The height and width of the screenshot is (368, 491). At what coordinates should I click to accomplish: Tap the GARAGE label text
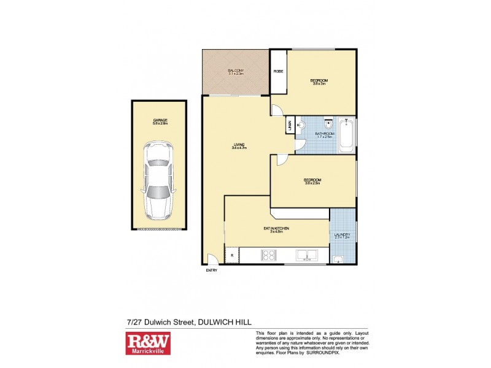tap(160, 120)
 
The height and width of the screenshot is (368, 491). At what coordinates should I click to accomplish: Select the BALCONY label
tap(236, 71)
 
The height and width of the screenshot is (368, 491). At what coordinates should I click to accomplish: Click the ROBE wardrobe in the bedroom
tap(278, 71)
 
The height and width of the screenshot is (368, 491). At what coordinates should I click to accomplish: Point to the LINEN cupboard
tap(288, 125)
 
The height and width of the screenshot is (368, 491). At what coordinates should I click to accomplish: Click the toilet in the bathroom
tap(329, 122)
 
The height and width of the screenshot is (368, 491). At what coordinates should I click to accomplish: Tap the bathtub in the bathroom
tap(347, 134)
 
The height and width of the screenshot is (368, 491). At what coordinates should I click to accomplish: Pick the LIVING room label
tap(239, 144)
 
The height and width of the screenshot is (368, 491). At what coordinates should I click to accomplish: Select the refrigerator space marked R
tap(231, 255)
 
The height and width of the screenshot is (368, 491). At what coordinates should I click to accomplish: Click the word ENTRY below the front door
tap(211, 270)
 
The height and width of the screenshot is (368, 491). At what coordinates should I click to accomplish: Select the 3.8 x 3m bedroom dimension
tap(319, 84)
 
